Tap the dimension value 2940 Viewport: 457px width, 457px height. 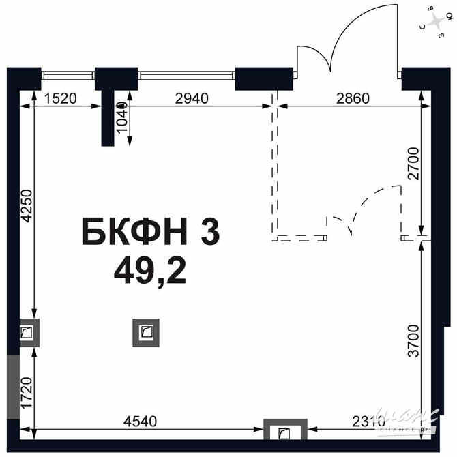pyautogui.click(x=191, y=98)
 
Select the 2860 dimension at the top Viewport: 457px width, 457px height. pyautogui.click(x=353, y=98)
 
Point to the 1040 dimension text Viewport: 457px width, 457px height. pyautogui.click(x=121, y=119)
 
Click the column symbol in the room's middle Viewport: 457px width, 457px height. pyautogui.click(x=146, y=333)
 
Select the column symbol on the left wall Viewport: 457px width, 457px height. pyautogui.click(x=27, y=333)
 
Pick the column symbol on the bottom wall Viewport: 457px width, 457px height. pyautogui.click(x=283, y=432)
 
